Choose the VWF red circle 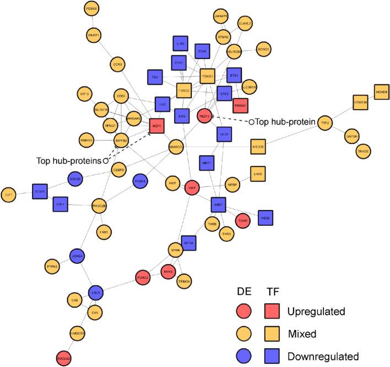[192, 187]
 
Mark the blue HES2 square [266, 218]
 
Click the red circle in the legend [243, 311]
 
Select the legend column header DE [243, 291]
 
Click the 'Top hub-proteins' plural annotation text [69, 161]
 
